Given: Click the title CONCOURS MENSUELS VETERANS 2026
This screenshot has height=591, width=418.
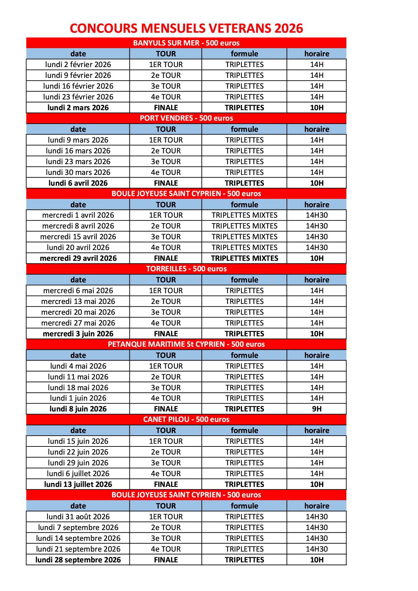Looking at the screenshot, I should click(x=186, y=28).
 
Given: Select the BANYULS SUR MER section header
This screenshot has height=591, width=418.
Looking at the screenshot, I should click(x=186, y=43).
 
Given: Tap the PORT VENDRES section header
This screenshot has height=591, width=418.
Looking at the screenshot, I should click(x=186, y=118).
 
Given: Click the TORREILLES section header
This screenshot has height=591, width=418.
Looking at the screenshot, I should click(x=186, y=269).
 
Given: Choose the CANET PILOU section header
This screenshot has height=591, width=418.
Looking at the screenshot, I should click(x=186, y=419).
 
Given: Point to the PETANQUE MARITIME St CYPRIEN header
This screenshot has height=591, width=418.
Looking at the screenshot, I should click(x=186, y=344).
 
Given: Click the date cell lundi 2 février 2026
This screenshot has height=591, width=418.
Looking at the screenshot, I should click(x=78, y=64).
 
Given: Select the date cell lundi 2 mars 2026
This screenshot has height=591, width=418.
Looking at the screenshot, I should click(x=78, y=108).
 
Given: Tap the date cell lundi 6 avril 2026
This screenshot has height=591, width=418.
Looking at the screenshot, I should click(x=78, y=183).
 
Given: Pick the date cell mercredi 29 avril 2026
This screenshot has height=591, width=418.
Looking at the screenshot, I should click(x=78, y=258).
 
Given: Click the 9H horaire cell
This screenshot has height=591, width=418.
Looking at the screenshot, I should click(x=317, y=409).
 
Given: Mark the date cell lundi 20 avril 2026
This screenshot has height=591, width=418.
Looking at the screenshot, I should click(x=78, y=248).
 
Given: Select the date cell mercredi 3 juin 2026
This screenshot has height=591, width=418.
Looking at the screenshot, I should click(x=78, y=334).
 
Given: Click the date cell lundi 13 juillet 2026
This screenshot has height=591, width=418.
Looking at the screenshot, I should click(x=78, y=485).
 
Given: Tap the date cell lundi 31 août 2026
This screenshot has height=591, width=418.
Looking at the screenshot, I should click(x=78, y=517).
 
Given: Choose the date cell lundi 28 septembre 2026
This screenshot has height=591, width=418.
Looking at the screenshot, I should click(x=78, y=560).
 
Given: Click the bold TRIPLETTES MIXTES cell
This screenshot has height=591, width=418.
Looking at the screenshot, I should click(x=244, y=258).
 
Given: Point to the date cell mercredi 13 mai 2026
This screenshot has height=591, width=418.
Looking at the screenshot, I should click(x=78, y=302).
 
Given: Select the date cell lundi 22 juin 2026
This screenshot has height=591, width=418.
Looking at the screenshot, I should click(x=78, y=452).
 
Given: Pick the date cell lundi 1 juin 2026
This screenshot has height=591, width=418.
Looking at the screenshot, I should click(x=78, y=398).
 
